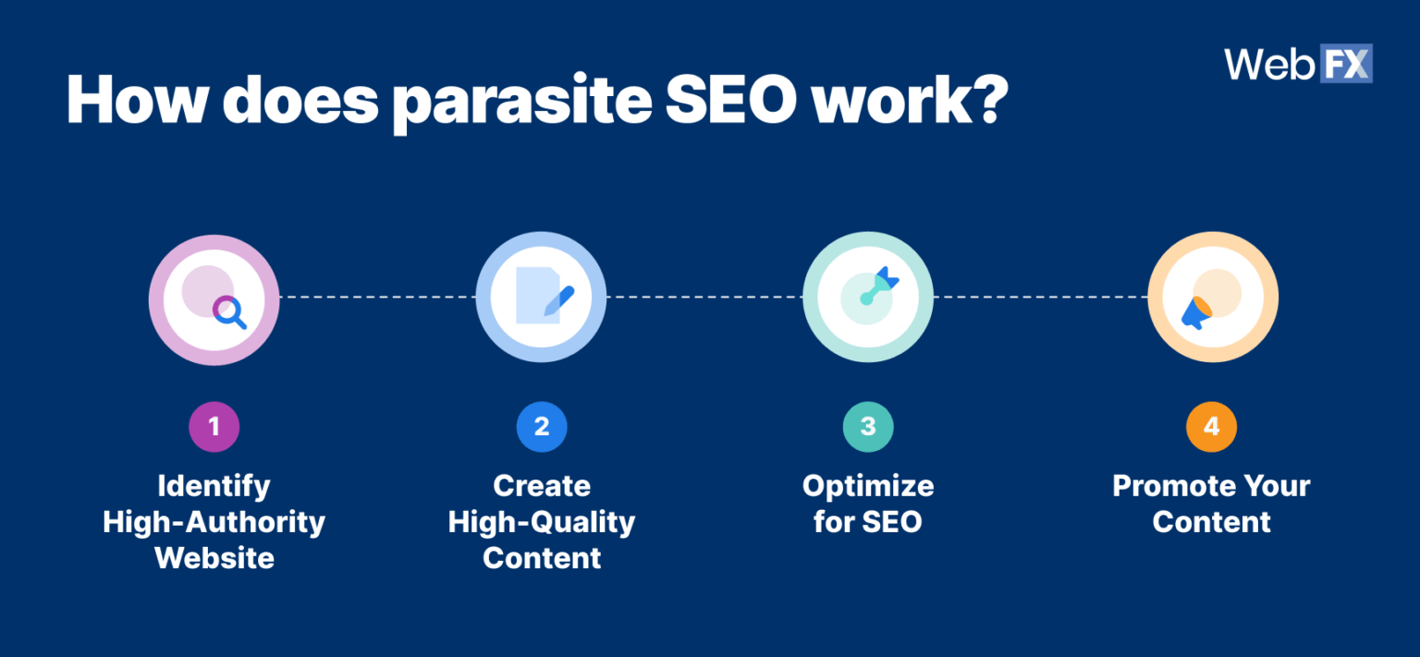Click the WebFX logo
pyautogui.click(x=1298, y=64)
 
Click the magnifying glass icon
pyautogui.click(x=229, y=311)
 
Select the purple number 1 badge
pyautogui.click(x=214, y=426)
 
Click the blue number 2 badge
pyautogui.click(x=542, y=426)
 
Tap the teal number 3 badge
pyautogui.click(x=868, y=426)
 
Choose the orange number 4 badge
pyautogui.click(x=1211, y=426)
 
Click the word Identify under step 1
pyautogui.click(x=214, y=486)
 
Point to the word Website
pyautogui.click(x=214, y=558)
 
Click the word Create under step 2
pyautogui.click(x=542, y=486)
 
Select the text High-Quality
pyautogui.click(x=542, y=522)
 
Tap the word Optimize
pyautogui.click(x=868, y=486)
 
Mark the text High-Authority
pyautogui.click(x=214, y=522)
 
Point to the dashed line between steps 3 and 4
pyautogui.click(x=1040, y=298)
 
